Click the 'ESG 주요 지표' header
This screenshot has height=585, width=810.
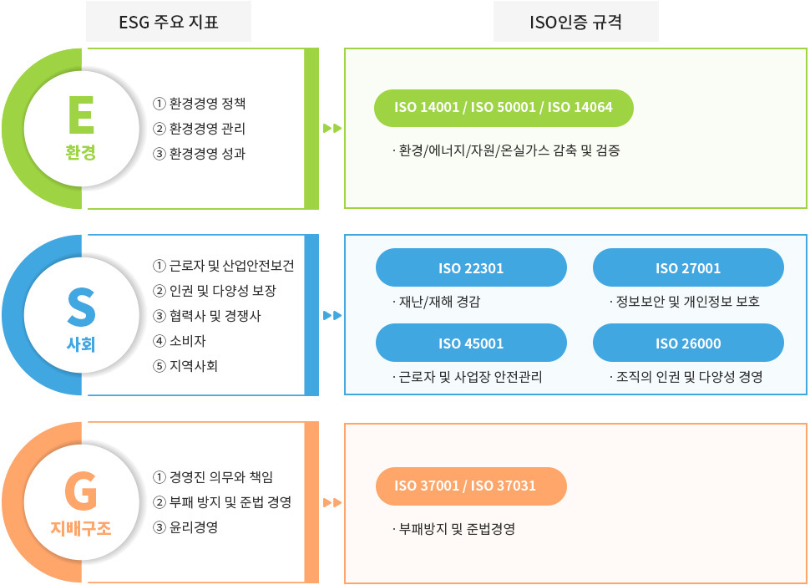click(x=169, y=23)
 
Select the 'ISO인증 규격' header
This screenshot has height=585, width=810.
click(x=575, y=23)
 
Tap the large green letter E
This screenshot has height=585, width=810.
click(x=81, y=117)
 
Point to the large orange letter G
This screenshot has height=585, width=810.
click(x=81, y=492)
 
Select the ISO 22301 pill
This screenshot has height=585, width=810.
click(x=471, y=268)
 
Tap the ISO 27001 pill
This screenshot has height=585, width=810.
click(x=688, y=268)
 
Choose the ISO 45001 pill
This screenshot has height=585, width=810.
click(x=471, y=343)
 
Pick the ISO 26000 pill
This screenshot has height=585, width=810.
click(x=688, y=343)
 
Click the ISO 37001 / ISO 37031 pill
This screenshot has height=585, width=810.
click(x=471, y=486)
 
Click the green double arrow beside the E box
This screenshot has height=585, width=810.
click(x=332, y=129)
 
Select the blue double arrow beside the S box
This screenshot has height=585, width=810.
click(x=332, y=315)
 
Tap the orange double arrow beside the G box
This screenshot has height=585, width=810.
click(x=332, y=502)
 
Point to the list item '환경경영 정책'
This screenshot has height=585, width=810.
click(x=207, y=104)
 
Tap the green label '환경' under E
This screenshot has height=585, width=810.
click(x=81, y=153)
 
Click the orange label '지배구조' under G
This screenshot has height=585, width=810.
click(x=81, y=528)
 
